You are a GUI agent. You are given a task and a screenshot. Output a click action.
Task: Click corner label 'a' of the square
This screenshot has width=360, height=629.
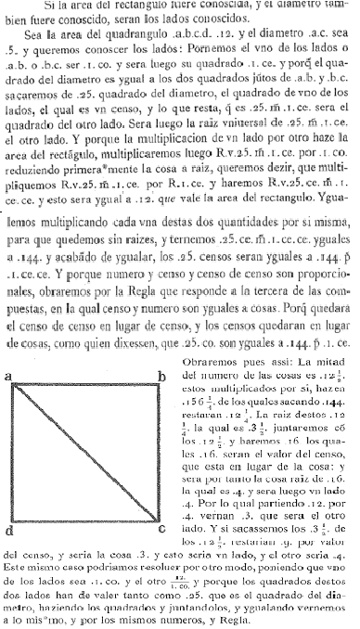pyautogui.click(x=7, y=350)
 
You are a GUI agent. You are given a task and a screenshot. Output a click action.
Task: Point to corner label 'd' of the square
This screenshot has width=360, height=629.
pyautogui.click(x=7, y=531)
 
